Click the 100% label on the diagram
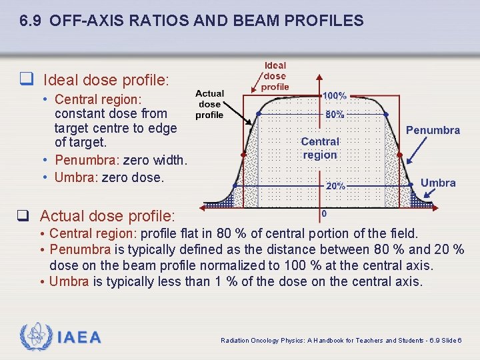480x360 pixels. [x=335, y=97]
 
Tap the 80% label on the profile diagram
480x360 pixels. [x=335, y=115]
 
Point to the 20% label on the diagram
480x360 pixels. [x=335, y=186]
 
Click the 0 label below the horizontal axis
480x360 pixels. [x=324, y=214]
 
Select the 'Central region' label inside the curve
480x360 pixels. [x=320, y=148]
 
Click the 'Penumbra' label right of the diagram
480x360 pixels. [x=433, y=130]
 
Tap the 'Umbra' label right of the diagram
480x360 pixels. [x=438, y=183]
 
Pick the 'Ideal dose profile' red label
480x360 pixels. [x=275, y=76]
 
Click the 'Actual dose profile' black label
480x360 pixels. [x=209, y=104]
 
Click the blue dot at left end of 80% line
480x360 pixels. [x=259, y=115]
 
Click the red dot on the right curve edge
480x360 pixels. [x=399, y=155]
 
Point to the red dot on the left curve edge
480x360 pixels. [x=243, y=155]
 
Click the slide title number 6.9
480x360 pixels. [x=31, y=21]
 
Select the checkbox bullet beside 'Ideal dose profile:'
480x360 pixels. [x=26, y=81]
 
